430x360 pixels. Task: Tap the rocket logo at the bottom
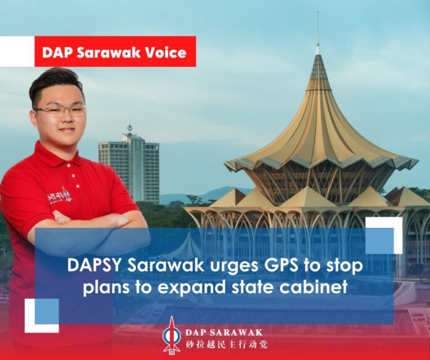click(172, 335)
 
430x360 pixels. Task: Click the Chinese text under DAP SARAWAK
click(227, 345)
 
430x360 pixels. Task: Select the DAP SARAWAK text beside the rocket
click(224, 333)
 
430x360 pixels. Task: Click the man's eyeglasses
click(59, 110)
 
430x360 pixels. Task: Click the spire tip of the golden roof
click(318, 12)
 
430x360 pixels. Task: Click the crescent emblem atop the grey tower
click(130, 128)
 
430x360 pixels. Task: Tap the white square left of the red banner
click(17, 51)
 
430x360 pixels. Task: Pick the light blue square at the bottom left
click(46, 311)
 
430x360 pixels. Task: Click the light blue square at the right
click(379, 240)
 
